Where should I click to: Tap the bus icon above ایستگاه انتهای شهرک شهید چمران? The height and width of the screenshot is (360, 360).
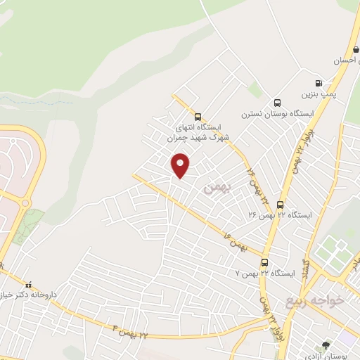point(198,117)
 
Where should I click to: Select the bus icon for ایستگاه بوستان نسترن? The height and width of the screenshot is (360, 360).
point(277,103)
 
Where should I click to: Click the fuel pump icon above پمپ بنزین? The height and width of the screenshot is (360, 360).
point(319,82)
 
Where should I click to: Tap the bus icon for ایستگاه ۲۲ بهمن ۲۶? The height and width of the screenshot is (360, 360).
point(281,205)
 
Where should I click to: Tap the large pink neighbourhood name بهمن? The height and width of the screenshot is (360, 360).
point(217,188)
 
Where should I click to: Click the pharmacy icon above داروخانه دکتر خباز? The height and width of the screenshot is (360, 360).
point(28,285)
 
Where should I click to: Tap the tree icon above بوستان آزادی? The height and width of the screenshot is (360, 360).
point(325,345)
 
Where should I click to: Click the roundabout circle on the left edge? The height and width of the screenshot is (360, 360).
point(26,203)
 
